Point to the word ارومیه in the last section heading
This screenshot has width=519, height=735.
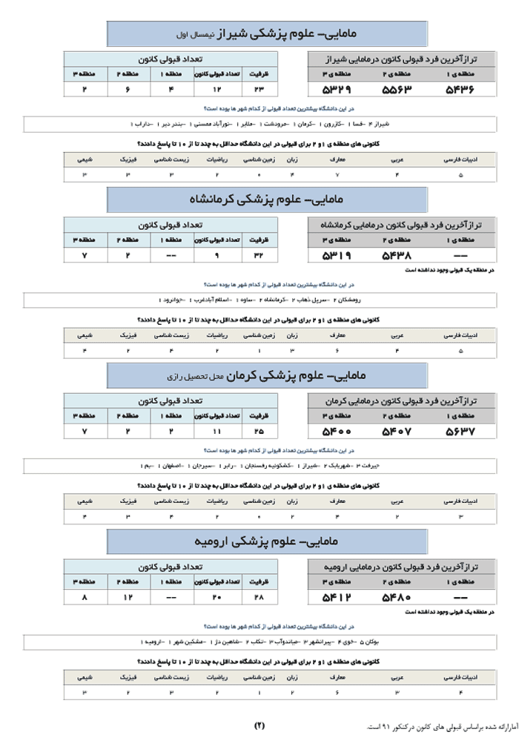click(x=212, y=541)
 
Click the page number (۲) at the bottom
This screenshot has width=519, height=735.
click(x=259, y=724)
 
